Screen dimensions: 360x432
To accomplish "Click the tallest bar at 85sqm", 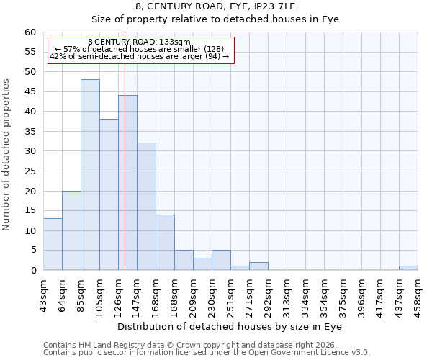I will tap(90, 175).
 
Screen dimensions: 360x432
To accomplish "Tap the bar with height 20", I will tap(71, 230).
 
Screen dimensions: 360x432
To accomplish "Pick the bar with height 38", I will tap(109, 194).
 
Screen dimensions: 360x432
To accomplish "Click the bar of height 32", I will tap(146, 207).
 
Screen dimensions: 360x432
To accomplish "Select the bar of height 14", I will tap(165, 242).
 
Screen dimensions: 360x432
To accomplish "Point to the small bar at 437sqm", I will tap(408, 268).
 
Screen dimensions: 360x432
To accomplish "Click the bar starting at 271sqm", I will tap(258, 266).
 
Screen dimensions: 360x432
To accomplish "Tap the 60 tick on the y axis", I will tap(30, 32).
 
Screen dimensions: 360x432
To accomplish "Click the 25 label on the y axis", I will tap(30, 171).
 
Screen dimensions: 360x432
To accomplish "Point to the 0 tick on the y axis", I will tap(33, 271).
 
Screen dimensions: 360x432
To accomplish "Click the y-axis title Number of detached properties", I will tap(7, 155).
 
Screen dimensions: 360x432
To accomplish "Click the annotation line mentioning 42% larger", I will tap(139, 56).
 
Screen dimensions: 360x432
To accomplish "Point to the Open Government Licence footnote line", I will tap(207, 353).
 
